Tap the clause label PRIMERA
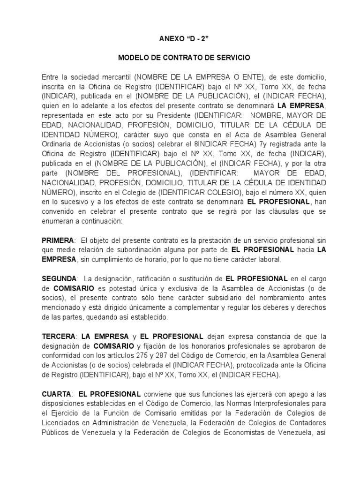point(58,240)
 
